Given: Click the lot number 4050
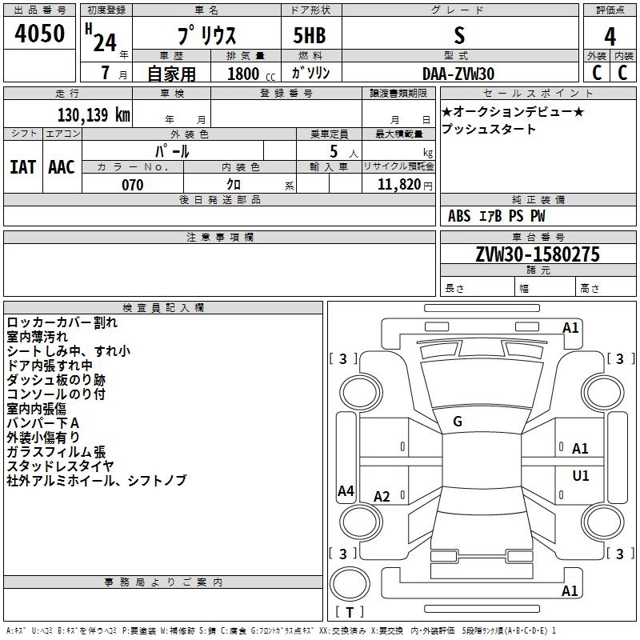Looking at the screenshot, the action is pyautogui.click(x=40, y=33).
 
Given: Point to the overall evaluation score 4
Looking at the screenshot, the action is pyautogui.click(x=610, y=36).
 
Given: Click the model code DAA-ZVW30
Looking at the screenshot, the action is pyautogui.click(x=458, y=73).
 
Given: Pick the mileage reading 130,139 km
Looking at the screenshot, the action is pyautogui.click(x=93, y=114).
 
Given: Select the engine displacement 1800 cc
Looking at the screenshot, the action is pyautogui.click(x=244, y=73).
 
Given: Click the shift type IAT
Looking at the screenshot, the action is pyautogui.click(x=22, y=166).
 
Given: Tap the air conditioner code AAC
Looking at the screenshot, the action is pyautogui.click(x=61, y=166).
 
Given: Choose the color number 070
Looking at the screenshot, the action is pyautogui.click(x=132, y=185).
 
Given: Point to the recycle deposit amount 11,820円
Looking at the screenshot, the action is pyautogui.click(x=399, y=185).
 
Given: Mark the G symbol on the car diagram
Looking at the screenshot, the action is pyautogui.click(x=458, y=422).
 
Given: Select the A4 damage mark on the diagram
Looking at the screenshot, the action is pyautogui.click(x=346, y=491).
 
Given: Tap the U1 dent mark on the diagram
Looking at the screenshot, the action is pyautogui.click(x=580, y=476).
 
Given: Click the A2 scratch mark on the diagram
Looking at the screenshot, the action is pyautogui.click(x=382, y=497).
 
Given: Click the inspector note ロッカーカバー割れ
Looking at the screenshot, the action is pyautogui.click(x=62, y=322).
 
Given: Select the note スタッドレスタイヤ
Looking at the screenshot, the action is pyautogui.click(x=60, y=466).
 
